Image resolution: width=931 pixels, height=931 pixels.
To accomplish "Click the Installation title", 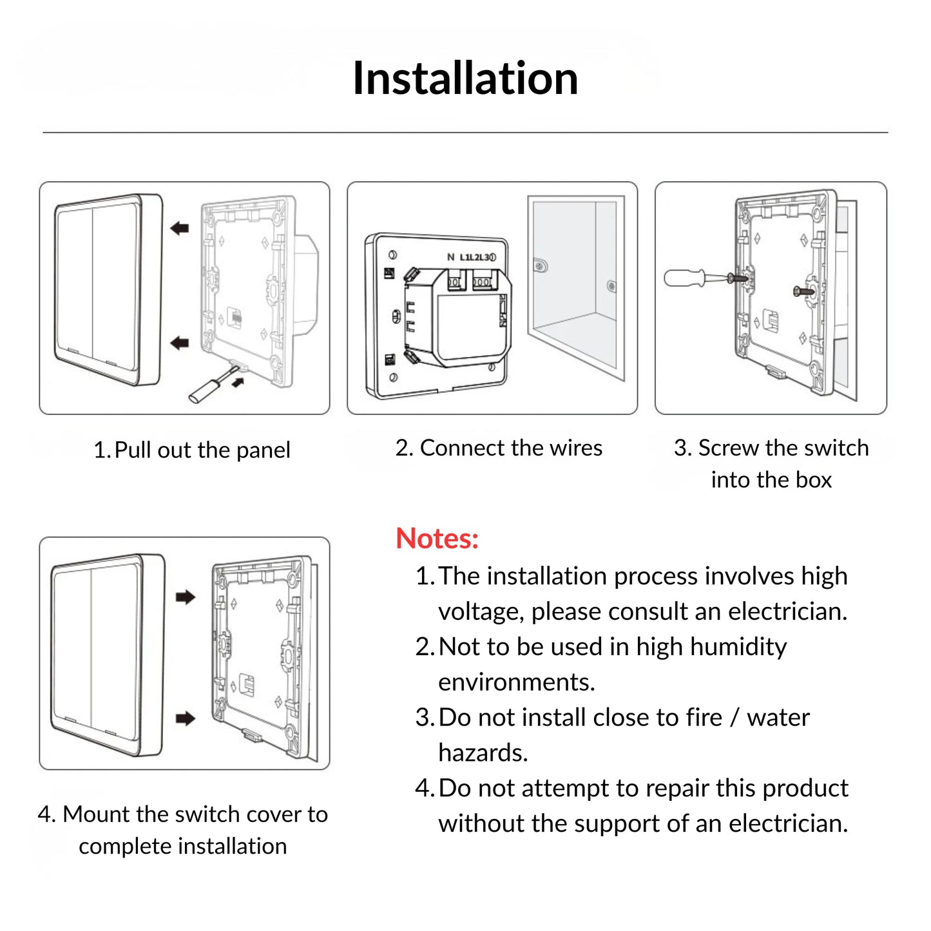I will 465,78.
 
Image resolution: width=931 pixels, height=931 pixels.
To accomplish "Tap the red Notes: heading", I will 437,538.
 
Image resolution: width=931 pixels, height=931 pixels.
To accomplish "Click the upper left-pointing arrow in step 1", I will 180,227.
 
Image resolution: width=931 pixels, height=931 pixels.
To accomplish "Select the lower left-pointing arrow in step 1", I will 180,343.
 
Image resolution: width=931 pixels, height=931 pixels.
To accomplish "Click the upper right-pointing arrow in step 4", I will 186,597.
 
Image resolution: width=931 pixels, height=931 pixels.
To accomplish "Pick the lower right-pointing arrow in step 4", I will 186,718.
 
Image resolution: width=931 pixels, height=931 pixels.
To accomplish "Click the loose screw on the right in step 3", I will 803,291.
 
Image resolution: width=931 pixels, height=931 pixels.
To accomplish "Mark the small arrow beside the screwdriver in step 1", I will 238,383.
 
